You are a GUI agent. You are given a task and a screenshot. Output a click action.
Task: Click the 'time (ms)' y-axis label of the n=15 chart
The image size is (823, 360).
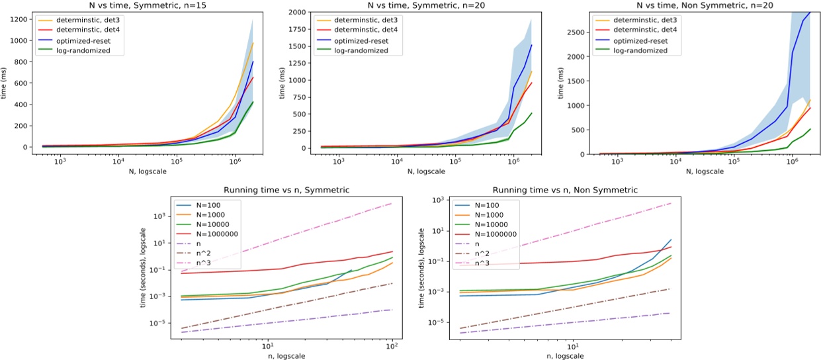click(x=6, y=83)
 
